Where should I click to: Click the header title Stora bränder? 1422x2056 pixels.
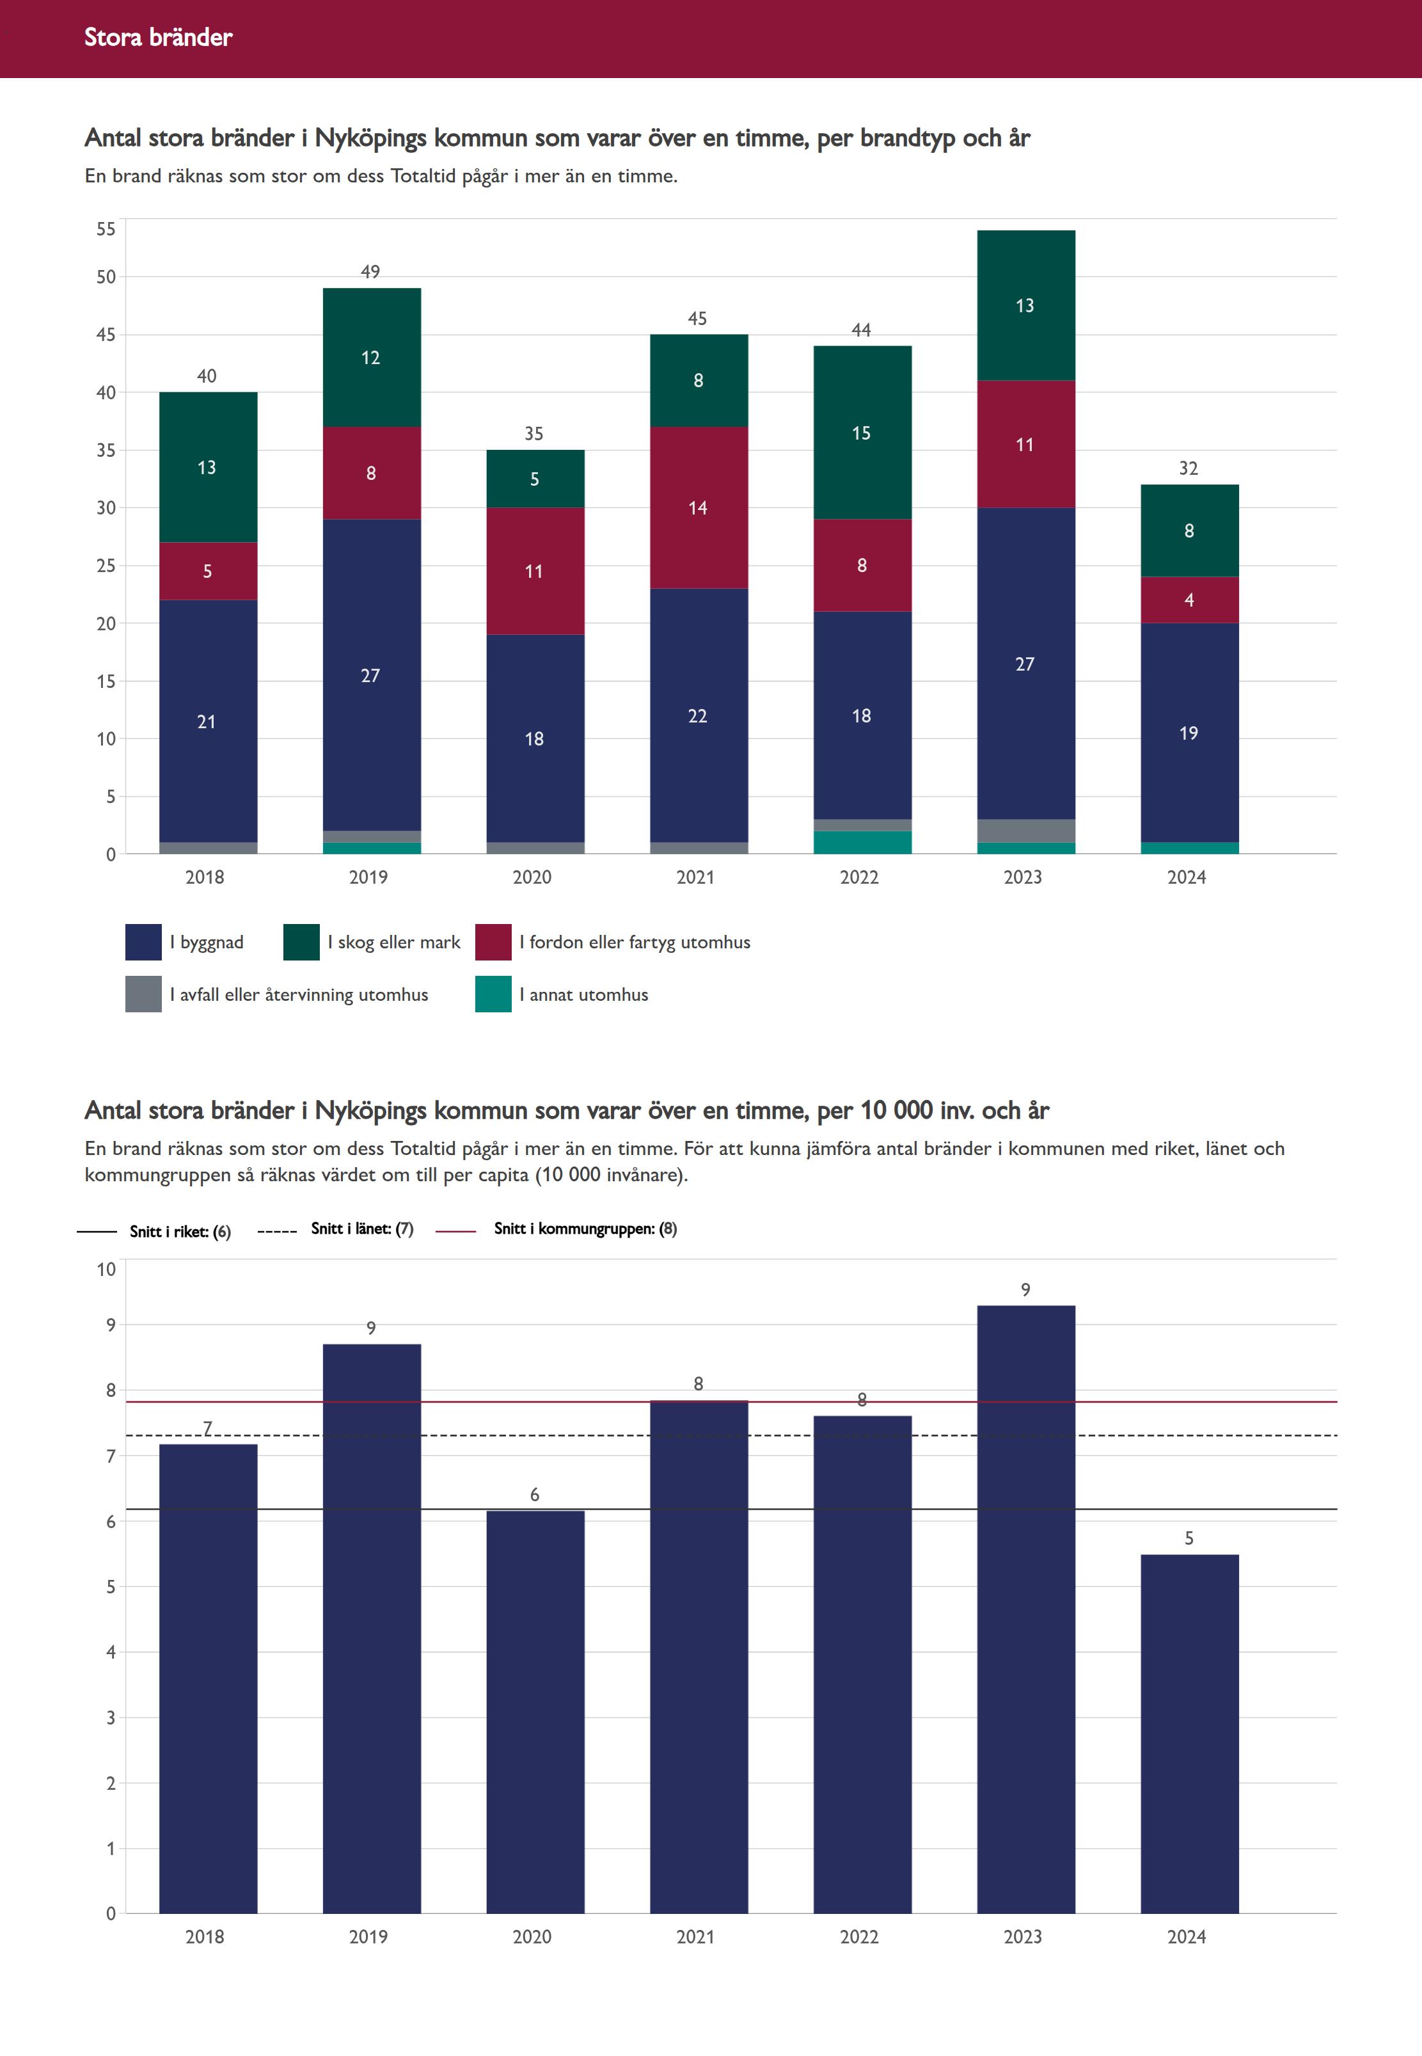click(158, 37)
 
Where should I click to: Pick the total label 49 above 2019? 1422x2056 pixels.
click(370, 272)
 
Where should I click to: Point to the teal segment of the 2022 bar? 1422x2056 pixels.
click(862, 842)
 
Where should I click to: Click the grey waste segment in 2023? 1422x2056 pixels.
click(1025, 831)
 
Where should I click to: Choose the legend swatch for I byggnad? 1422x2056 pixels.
click(143, 942)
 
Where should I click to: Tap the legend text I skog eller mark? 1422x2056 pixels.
click(394, 942)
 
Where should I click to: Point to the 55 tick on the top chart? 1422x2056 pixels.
click(106, 229)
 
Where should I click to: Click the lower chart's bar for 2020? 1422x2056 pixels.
click(535, 1711)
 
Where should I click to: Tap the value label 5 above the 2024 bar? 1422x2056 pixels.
click(1189, 1538)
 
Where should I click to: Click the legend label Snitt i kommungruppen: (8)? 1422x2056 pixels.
click(585, 1229)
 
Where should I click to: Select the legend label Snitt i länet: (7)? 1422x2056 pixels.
click(362, 1229)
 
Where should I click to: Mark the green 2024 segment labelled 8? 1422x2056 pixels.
click(1189, 530)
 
